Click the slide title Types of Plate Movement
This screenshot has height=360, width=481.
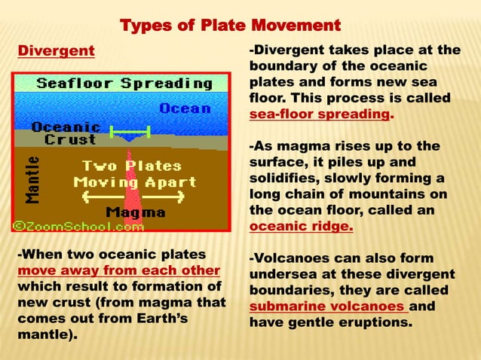click(231, 26)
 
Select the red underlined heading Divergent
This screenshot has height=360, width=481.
click(56, 51)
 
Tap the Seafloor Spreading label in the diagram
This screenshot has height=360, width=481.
click(124, 82)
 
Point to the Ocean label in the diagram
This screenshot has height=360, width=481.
click(185, 108)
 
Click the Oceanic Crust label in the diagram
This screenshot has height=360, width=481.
click(66, 133)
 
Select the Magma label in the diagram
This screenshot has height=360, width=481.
click(135, 212)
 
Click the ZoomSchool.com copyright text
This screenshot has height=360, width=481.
click(76, 224)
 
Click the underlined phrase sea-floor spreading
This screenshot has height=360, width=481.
click(320, 115)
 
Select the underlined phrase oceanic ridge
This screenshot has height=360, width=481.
click(300, 226)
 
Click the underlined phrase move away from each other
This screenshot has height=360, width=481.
click(118, 270)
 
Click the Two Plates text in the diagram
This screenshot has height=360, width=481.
click(132, 166)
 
